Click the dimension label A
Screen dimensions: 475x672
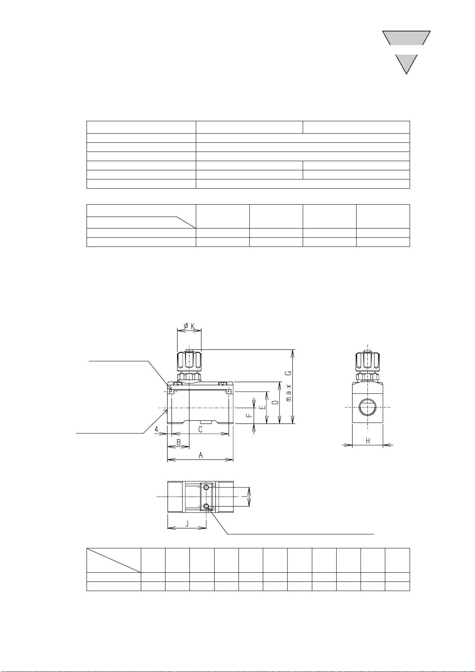(x=201, y=455)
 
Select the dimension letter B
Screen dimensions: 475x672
(x=179, y=443)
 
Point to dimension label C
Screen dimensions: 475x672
(x=201, y=430)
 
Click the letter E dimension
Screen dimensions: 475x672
(x=262, y=407)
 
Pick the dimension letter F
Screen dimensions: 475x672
(x=249, y=416)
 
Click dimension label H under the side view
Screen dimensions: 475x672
(x=368, y=441)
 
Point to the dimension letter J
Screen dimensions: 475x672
(x=187, y=524)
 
